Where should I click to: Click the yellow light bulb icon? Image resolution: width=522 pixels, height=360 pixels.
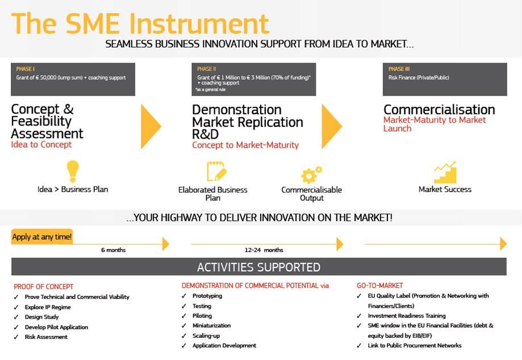[x=73, y=171]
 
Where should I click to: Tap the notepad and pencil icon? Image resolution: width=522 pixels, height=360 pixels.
[x=216, y=171]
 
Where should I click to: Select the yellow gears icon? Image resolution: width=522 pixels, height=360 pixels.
[x=311, y=174]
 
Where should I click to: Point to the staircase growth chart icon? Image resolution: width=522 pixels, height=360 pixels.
[x=445, y=173]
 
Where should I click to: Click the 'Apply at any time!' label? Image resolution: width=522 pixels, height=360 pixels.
[x=42, y=237]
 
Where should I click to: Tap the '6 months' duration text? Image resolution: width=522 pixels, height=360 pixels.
[x=114, y=250]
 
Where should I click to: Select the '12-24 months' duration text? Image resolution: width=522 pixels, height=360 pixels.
[x=264, y=250]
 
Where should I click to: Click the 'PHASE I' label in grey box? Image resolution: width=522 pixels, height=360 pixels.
[x=26, y=69]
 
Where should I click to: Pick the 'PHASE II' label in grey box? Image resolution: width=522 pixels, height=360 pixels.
[x=206, y=69]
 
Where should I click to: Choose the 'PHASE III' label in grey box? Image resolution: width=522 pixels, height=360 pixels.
[x=399, y=69]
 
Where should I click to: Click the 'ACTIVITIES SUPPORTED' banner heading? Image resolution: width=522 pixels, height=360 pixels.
[x=258, y=267]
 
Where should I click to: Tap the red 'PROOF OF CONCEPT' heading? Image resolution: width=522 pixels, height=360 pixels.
[x=44, y=287]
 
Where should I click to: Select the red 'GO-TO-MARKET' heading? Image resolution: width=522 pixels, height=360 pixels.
[x=380, y=286]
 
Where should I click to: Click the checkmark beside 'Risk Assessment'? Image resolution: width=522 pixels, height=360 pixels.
[x=16, y=337]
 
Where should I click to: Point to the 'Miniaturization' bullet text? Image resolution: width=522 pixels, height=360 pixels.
[x=211, y=325]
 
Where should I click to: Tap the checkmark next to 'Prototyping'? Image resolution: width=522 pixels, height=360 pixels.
[x=184, y=296]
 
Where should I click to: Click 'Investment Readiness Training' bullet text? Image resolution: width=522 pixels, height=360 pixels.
[x=407, y=316]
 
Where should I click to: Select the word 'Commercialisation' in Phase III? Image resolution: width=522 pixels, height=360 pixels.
[x=439, y=110]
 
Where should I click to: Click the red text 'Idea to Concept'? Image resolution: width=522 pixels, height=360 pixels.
[x=41, y=144]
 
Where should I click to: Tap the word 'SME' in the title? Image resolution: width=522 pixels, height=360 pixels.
[x=93, y=24]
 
